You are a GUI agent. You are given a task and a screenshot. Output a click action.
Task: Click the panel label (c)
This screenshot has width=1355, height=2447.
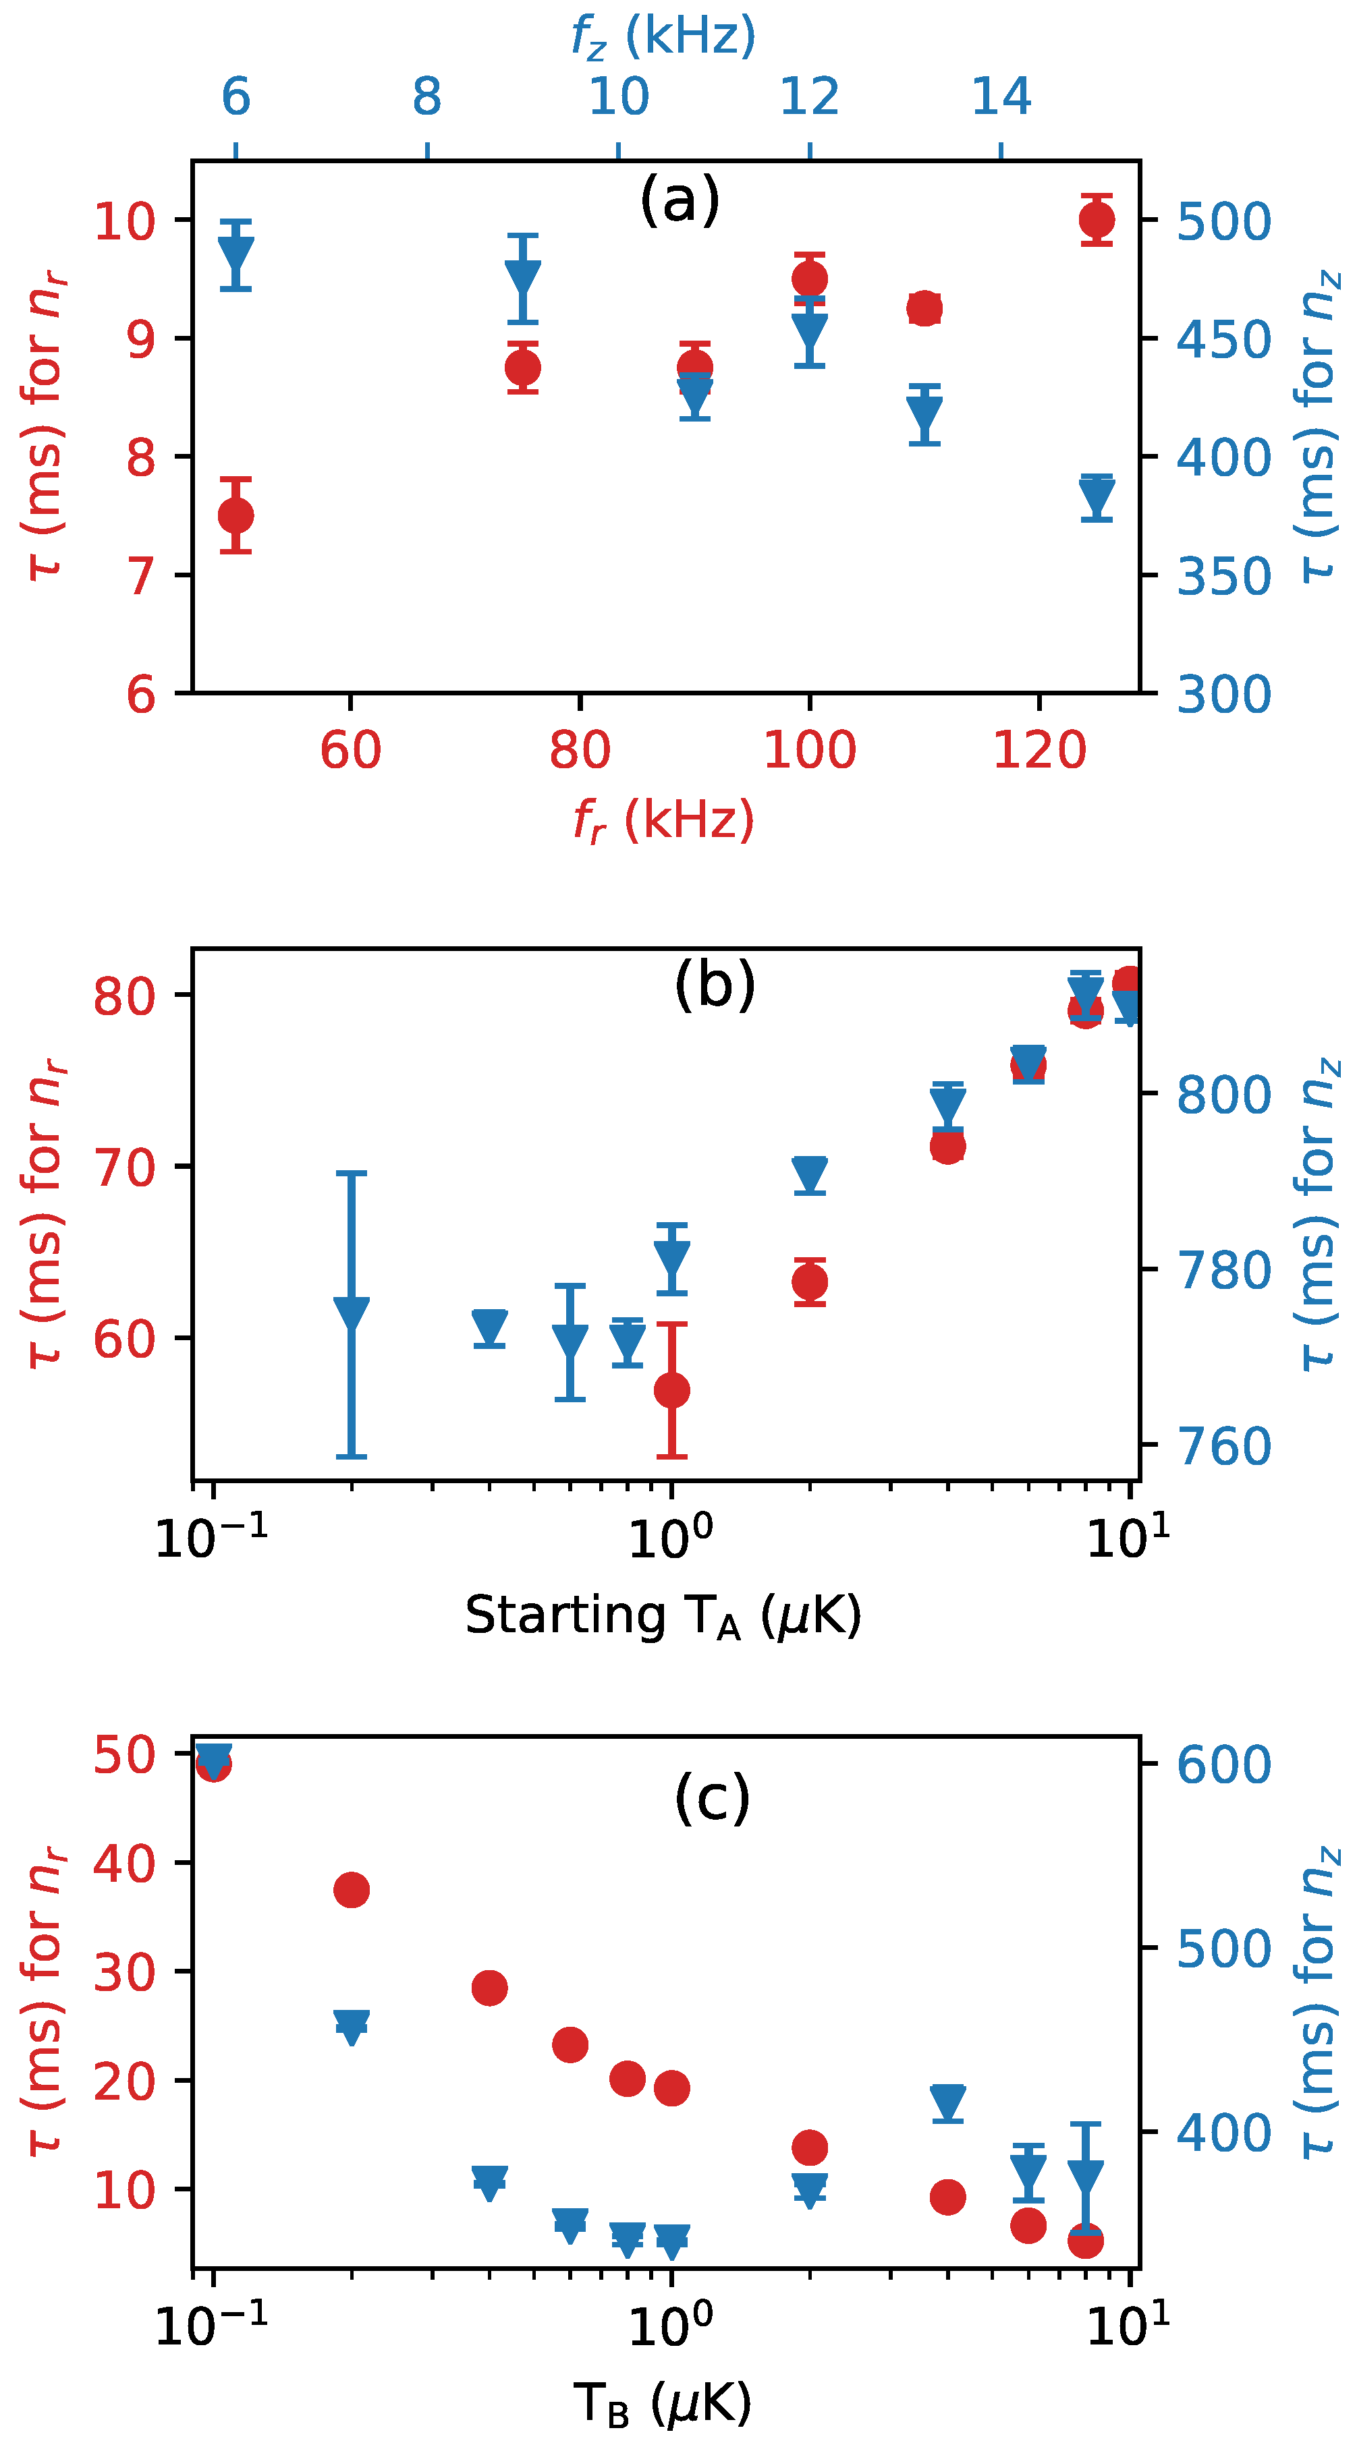point(713,1797)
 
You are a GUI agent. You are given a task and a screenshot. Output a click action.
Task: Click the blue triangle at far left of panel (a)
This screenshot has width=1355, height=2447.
point(236,256)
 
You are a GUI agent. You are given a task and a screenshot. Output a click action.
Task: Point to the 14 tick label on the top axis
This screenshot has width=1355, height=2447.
point(1001,97)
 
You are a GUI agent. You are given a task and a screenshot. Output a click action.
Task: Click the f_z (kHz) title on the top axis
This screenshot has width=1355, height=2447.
point(663,36)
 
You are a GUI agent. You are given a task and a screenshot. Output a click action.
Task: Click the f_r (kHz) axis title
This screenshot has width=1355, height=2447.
point(663,819)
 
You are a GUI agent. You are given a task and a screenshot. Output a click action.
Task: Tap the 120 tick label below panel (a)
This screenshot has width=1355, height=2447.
point(1039,751)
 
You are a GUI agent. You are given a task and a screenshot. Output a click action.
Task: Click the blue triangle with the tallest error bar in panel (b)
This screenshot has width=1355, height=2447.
point(352,1314)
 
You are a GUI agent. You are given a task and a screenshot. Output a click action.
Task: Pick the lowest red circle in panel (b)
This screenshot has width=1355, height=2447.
point(672,1391)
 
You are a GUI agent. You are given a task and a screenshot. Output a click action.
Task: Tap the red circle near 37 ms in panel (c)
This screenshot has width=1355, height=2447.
point(352,1889)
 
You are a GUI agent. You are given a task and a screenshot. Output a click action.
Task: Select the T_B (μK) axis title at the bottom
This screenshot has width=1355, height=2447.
point(663,2403)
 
